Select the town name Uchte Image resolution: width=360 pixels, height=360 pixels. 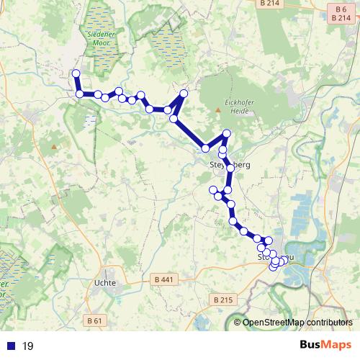point(104,283)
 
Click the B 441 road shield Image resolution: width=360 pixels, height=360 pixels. point(165,279)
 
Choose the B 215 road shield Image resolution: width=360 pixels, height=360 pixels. point(225,299)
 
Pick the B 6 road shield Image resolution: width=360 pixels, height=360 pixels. point(341,8)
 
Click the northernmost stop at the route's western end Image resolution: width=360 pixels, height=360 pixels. point(76,73)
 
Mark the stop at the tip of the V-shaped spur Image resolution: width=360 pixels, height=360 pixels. point(184,94)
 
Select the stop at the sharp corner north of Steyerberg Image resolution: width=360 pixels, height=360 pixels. point(226,133)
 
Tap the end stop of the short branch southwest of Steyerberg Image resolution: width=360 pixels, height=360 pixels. point(212,189)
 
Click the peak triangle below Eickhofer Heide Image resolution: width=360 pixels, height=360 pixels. point(218,109)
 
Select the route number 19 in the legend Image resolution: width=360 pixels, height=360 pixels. point(28,346)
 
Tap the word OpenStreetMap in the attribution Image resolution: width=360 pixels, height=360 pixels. point(271,323)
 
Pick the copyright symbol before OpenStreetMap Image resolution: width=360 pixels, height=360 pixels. point(238,323)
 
